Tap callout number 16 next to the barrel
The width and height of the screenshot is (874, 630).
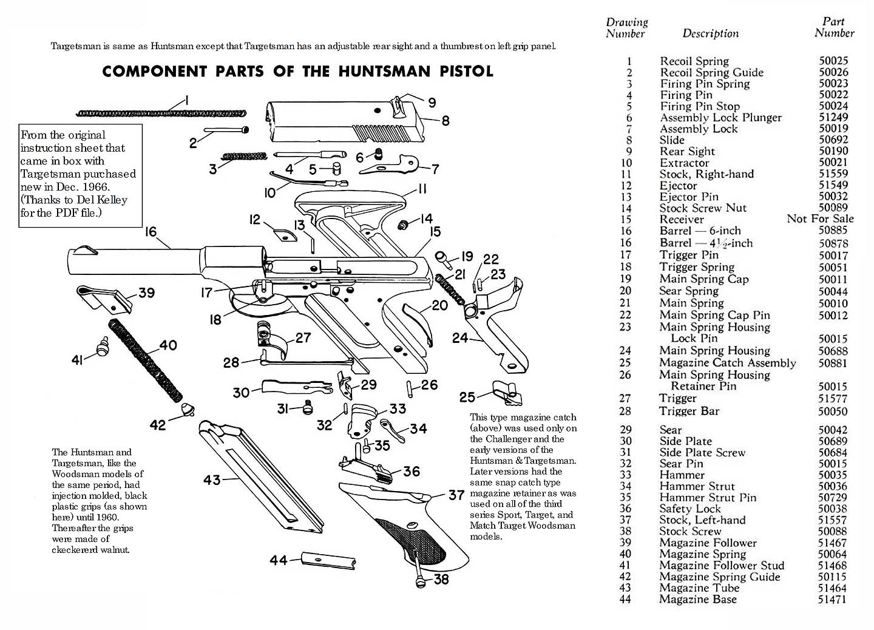(x=151, y=232)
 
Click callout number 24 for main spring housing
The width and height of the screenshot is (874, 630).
(x=460, y=337)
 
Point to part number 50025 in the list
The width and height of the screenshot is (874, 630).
(x=833, y=61)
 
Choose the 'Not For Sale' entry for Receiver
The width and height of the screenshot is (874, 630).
(x=820, y=219)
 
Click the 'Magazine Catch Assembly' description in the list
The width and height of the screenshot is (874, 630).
(x=727, y=363)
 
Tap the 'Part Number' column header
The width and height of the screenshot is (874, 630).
(x=834, y=27)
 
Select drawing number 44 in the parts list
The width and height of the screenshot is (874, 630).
(x=625, y=600)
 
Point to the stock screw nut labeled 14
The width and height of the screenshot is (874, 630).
(x=401, y=225)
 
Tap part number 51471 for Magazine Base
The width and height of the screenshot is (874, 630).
(x=832, y=600)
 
